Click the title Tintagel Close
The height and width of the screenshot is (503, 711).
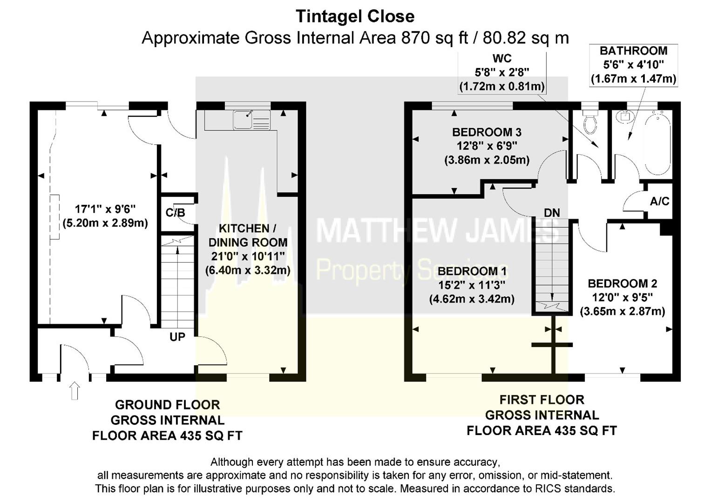(x=355, y=16)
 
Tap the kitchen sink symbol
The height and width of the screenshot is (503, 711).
(x=251, y=120)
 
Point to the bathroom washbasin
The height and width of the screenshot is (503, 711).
(x=623, y=116)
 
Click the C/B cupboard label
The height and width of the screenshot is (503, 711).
(x=175, y=213)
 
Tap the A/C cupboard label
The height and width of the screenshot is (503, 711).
(x=659, y=201)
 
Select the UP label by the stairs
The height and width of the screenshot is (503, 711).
(x=177, y=337)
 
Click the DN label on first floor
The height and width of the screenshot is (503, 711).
(x=552, y=213)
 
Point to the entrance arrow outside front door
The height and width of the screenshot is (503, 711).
(x=74, y=390)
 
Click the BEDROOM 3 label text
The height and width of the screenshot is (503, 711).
(x=487, y=132)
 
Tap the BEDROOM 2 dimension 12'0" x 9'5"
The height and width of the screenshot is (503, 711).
(x=622, y=297)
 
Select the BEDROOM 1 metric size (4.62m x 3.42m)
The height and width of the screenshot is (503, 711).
(x=472, y=299)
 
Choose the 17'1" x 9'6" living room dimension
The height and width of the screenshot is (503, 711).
(x=105, y=209)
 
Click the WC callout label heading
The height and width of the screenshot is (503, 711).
(x=501, y=59)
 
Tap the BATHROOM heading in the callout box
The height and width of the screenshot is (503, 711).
(x=633, y=51)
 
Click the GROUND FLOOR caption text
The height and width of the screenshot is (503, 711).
(x=167, y=405)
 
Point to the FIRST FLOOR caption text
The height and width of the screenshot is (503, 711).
(x=542, y=400)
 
